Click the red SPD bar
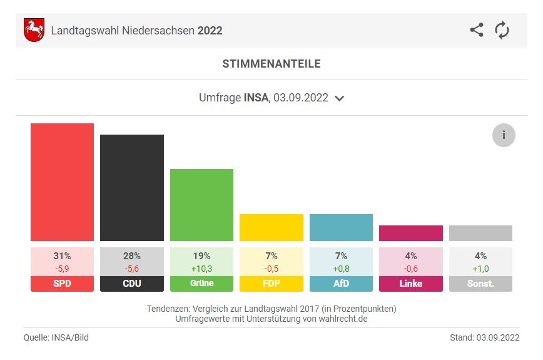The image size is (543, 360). pos(62,182)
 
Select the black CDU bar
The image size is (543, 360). pos(131,188)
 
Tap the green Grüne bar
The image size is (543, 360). pos(201,205)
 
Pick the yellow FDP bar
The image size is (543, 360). pos(271,227)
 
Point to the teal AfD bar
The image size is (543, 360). pos(341,227)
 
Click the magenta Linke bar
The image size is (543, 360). pos(410,233)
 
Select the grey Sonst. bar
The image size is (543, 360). pos(480,233)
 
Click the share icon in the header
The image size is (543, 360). pos(477,30)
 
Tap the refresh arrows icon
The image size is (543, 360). pos(502,30)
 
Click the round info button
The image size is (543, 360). pos(504,135)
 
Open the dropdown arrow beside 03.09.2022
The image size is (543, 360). pos(340,98)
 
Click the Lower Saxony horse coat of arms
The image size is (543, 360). pos(34,30)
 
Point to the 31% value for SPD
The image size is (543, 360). pos(62,256)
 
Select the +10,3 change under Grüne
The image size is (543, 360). pos(201,268)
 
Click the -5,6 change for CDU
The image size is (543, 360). pos(131,268)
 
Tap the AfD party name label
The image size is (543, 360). pos(341,284)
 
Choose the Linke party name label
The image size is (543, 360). pos(410,284)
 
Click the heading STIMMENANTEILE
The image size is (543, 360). pos(271,64)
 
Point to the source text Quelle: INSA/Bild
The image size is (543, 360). pos(56,338)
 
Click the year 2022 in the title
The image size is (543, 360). pos(210,30)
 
